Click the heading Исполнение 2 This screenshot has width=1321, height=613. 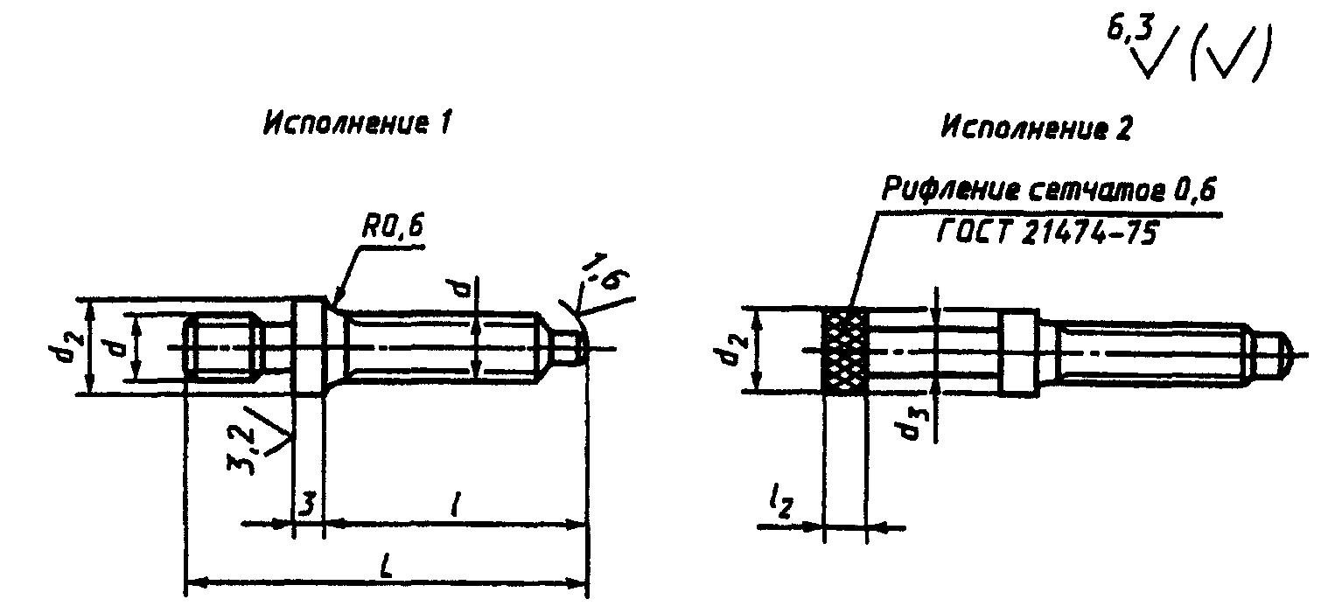tap(1036, 129)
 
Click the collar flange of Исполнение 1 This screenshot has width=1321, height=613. tap(308, 348)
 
